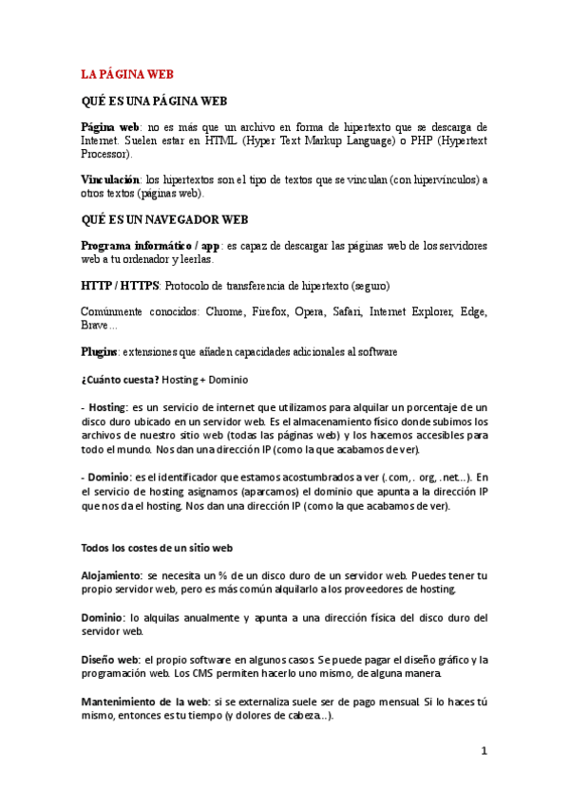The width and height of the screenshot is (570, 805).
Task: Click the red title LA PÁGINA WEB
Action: coord(126,74)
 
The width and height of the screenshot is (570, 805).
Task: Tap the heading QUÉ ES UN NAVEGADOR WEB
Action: coord(164,219)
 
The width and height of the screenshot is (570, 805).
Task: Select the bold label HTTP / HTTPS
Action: coord(120,286)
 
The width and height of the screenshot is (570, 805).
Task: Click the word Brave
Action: coord(96,325)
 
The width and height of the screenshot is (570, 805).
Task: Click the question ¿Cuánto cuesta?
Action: coord(120,380)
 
